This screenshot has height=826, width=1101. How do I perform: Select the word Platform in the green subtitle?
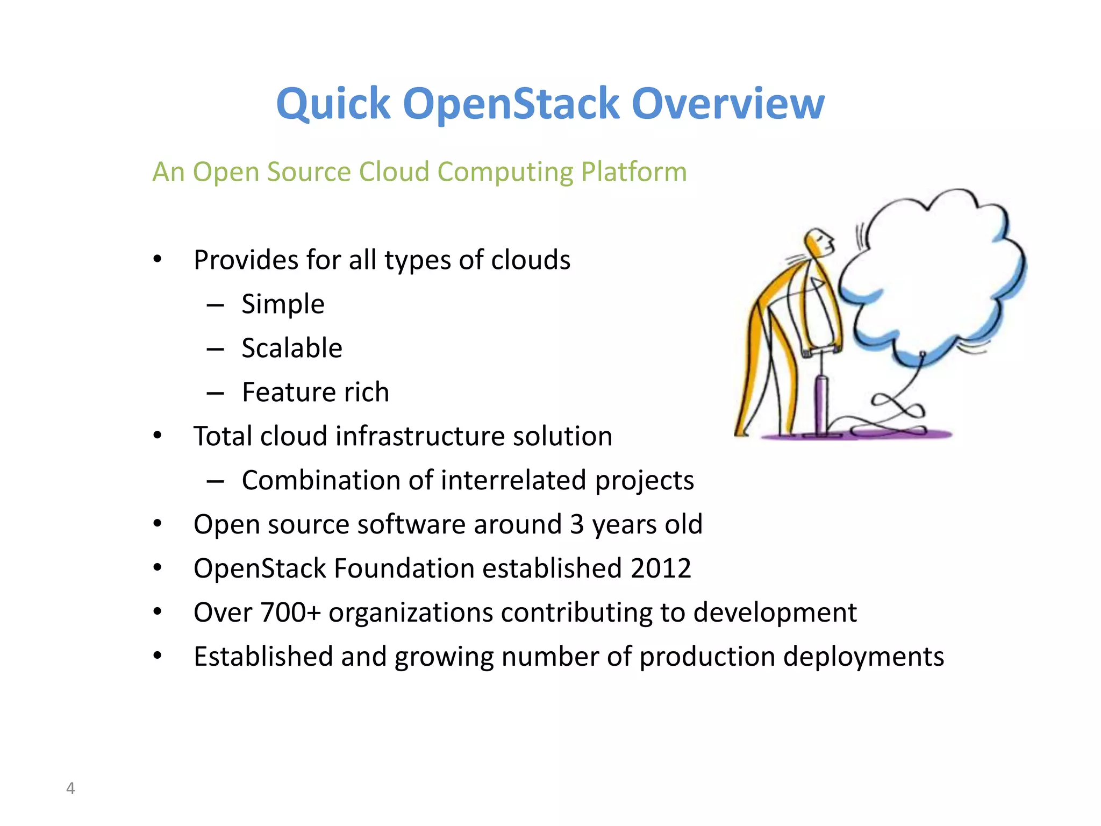coord(634,172)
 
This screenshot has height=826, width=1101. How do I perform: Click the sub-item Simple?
coord(283,304)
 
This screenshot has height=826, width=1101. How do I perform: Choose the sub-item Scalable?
coord(292,348)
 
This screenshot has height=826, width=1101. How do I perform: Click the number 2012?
coord(661,568)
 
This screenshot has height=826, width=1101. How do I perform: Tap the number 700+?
coord(290,613)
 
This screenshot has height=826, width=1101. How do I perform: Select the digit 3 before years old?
coord(577,524)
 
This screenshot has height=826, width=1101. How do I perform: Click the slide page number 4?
coord(70,788)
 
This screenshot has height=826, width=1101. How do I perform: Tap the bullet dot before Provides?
coord(157,260)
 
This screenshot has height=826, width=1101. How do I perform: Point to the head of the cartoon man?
coord(820,242)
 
